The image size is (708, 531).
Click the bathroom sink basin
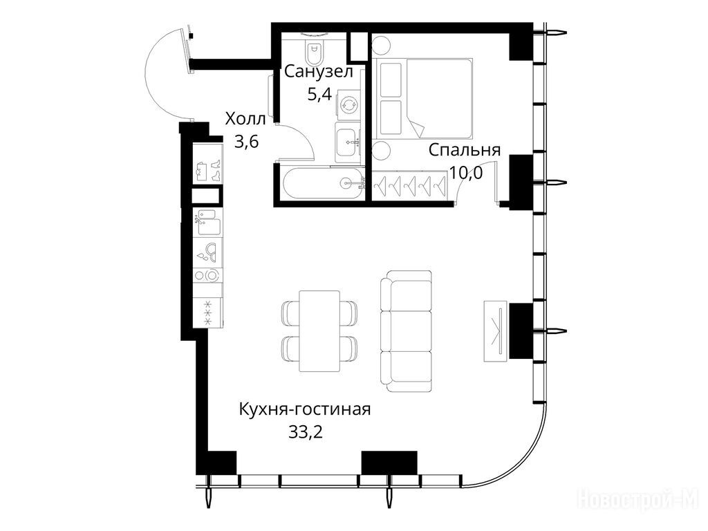pos(348,141)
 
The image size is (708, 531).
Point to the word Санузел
pos(318,71)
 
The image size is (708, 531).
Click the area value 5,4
pos(319,94)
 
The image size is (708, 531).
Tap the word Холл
pos(245,120)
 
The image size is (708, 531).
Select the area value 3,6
pos(246,142)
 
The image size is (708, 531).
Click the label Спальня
pos(465,150)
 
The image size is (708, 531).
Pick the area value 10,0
pos(466,172)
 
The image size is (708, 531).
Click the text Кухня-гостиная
pos(305,409)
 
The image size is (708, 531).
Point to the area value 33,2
pos(305,433)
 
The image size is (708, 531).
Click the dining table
pos(319,331)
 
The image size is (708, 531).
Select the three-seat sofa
pos(406,331)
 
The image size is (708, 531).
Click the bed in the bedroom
pos(422,98)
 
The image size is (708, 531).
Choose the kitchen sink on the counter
pos(209,222)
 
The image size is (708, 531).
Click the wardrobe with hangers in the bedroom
pos(409,185)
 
